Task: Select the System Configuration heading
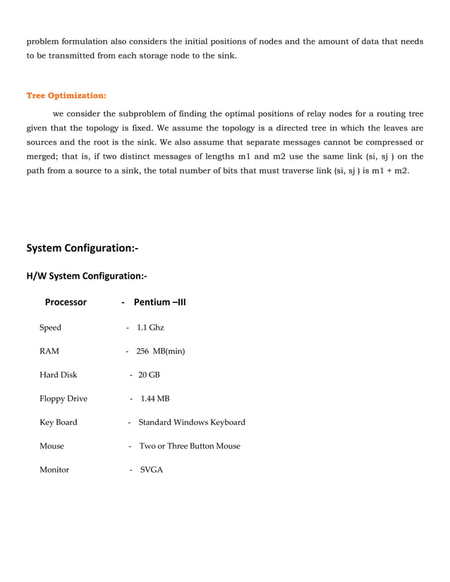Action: (x=82, y=248)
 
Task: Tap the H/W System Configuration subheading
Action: (x=87, y=275)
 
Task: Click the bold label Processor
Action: (x=66, y=302)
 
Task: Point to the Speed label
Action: (x=50, y=328)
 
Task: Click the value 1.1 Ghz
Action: (x=150, y=328)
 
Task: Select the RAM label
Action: (x=49, y=351)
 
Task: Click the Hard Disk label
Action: (x=58, y=375)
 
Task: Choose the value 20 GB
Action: (x=149, y=375)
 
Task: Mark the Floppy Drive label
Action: (x=63, y=399)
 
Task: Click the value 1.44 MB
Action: (x=155, y=399)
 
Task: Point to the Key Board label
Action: (x=58, y=423)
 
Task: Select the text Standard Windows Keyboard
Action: (x=192, y=423)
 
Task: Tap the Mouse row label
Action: (x=51, y=446)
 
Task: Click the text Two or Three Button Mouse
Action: (x=190, y=446)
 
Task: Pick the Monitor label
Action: (x=54, y=470)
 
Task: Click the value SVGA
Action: (x=151, y=470)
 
